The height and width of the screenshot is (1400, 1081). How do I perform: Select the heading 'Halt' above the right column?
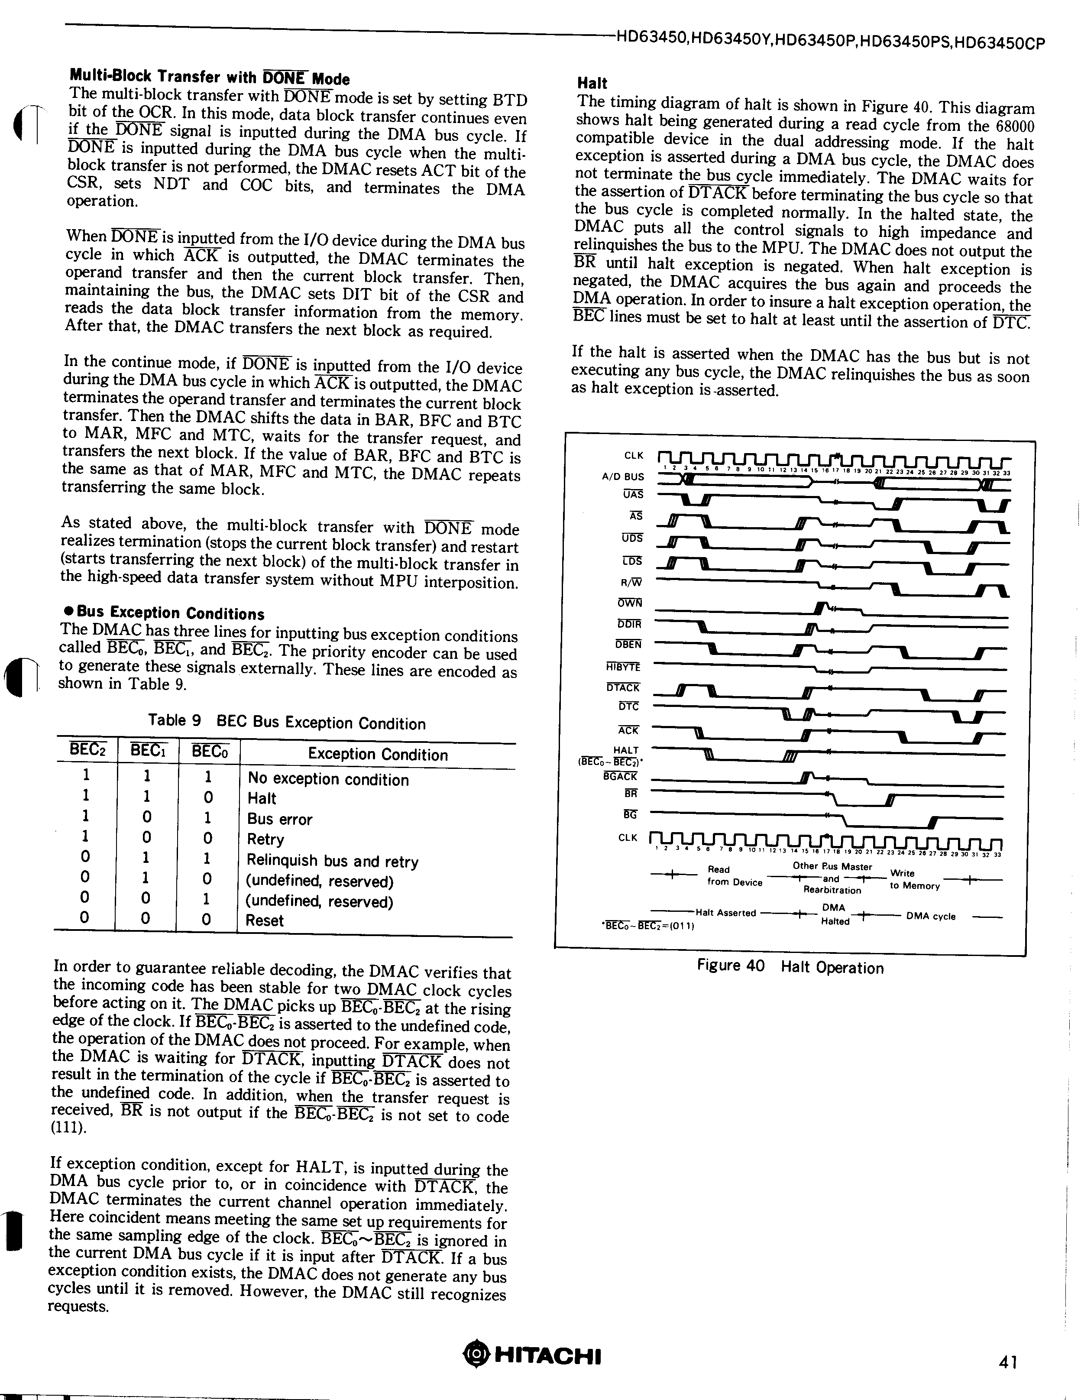tap(592, 83)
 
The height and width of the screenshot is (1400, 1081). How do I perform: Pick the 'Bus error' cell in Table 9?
tap(280, 819)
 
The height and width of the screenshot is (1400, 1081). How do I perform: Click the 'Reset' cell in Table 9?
tap(265, 920)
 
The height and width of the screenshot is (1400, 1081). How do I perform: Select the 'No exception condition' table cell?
tap(328, 780)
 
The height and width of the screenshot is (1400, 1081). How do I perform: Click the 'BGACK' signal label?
tap(620, 776)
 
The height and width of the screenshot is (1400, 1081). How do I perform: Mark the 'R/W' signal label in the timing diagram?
tap(631, 582)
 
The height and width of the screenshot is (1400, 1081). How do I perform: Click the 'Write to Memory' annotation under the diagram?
tap(914, 879)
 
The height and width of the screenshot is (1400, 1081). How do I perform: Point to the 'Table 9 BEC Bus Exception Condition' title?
tap(286, 723)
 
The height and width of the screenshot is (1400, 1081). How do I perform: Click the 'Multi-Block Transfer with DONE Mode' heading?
tap(209, 78)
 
